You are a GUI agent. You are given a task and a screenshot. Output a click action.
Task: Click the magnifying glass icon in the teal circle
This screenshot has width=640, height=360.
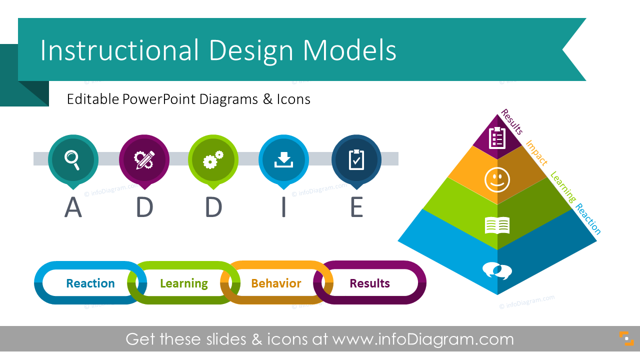click(72, 159)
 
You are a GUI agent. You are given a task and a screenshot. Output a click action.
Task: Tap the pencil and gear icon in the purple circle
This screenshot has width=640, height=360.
click(144, 159)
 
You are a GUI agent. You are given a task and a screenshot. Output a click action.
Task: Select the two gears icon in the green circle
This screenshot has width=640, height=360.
click(213, 159)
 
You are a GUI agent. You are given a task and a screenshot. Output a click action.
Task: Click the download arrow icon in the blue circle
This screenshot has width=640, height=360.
click(283, 159)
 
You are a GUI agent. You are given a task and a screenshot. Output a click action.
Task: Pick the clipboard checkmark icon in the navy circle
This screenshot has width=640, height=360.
click(356, 159)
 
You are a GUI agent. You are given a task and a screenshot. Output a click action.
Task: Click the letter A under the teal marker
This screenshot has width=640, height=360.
click(73, 208)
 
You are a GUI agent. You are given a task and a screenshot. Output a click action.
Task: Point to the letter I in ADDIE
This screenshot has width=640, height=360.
click(283, 208)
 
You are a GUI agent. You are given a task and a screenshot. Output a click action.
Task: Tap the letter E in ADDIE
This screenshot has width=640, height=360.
click(356, 208)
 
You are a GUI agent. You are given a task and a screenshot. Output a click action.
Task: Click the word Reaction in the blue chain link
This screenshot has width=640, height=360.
click(90, 283)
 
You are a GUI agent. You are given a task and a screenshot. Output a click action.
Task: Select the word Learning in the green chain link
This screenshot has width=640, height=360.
click(184, 283)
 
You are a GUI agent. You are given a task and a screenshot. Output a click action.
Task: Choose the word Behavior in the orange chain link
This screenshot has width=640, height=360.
click(276, 283)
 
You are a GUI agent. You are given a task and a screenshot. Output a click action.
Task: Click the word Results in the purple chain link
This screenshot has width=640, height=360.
click(369, 283)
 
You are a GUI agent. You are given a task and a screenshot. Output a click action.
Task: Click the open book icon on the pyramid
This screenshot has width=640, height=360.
click(497, 225)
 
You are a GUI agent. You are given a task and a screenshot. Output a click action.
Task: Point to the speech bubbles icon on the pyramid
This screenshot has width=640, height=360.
click(497, 270)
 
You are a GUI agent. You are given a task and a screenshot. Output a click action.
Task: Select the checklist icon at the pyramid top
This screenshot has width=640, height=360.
click(497, 137)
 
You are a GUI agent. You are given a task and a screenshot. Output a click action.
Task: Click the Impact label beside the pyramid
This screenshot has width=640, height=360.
click(536, 152)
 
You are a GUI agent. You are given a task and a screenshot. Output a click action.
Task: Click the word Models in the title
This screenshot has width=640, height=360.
click(349, 50)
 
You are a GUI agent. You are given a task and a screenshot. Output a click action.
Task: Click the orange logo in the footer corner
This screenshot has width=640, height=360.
click(626, 338)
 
